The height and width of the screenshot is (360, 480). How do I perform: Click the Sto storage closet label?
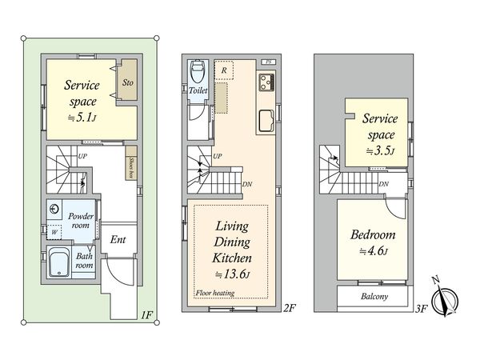tap(128, 82)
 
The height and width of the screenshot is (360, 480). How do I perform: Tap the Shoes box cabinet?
tap(131, 163)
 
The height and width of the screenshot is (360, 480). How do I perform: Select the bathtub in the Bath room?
tap(59, 262)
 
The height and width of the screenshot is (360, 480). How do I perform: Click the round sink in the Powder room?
tap(54, 209)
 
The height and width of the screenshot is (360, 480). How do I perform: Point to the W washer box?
tap(54, 232)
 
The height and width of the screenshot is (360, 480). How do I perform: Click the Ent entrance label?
tap(118, 239)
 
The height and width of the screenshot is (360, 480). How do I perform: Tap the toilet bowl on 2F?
tap(198, 72)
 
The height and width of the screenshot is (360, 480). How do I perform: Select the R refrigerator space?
tap(224, 70)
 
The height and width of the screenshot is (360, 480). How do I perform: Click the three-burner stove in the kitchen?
tap(267, 82)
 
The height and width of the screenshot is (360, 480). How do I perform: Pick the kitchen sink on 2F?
tap(266, 121)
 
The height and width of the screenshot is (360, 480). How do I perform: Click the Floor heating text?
tap(215, 293)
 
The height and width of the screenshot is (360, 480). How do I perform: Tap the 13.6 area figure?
tap(233, 274)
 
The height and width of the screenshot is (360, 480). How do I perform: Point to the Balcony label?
tap(374, 296)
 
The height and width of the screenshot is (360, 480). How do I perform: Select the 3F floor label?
tap(421, 308)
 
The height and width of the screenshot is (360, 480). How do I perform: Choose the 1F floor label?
tap(146, 314)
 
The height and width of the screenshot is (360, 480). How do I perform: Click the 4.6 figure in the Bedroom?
tap(374, 251)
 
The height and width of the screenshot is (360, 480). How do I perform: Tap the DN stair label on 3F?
tap(383, 184)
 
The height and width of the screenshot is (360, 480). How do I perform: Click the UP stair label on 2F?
tap(217, 156)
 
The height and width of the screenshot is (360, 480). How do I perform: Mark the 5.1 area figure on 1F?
tap(82, 118)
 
